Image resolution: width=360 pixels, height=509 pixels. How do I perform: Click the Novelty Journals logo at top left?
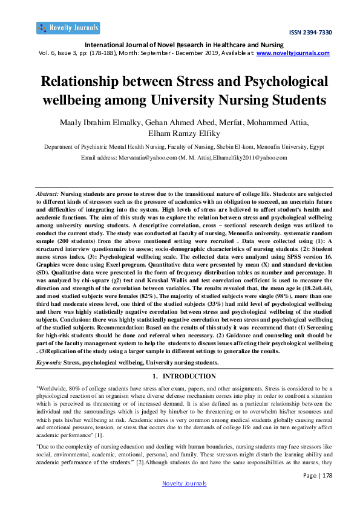click(68, 28)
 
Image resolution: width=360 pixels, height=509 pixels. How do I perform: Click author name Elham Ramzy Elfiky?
click(180, 134)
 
